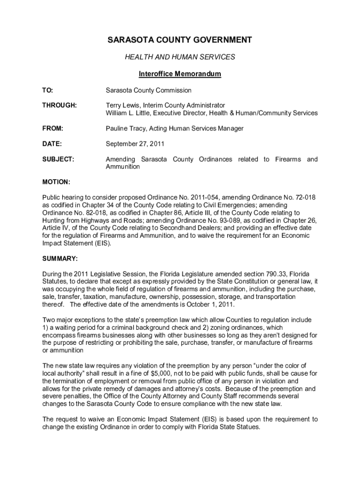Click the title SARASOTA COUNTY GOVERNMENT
click(180, 40)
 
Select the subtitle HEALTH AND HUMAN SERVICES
click(180, 57)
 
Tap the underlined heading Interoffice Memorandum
click(180, 74)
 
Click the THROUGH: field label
click(59, 105)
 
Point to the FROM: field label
click(52, 128)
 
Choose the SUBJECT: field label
click(58, 160)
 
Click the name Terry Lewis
click(122, 105)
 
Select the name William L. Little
click(129, 113)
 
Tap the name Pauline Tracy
click(125, 128)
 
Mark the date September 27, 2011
click(135, 144)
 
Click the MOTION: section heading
click(56, 181)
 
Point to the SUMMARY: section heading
click(60, 258)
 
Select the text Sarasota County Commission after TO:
click(148, 90)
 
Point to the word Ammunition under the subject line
click(122, 167)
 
